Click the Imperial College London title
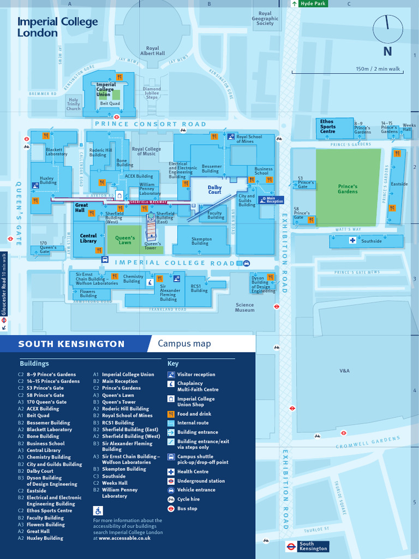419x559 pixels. pos(57,27)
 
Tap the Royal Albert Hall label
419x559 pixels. pos(152,51)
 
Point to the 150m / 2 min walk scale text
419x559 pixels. pos(378,69)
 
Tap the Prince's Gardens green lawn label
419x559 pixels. pos(348,189)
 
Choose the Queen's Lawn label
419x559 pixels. pos(125,240)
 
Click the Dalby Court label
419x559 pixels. pos(214,189)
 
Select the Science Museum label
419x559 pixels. pos(244,307)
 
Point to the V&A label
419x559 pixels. pos(344,371)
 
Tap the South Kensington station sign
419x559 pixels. pos(307,546)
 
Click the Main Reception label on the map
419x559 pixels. pos(274,200)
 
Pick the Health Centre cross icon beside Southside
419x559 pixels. pos(352,241)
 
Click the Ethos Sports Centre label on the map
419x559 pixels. pos(327,127)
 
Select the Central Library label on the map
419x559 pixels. pos(88,238)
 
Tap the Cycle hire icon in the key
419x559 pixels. pos(171,499)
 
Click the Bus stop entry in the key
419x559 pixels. pos(187,508)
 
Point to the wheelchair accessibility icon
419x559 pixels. pos(98,511)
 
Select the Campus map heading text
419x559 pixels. pos(184,343)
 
